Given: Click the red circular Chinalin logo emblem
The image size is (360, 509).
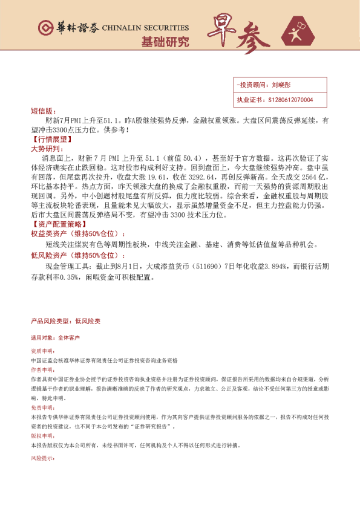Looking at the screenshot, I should click(44, 28).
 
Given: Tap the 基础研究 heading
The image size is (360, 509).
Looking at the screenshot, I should click(165, 42).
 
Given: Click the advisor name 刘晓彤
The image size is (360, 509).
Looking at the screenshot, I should click(281, 86).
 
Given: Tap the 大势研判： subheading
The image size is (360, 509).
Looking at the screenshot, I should click(46, 148).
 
